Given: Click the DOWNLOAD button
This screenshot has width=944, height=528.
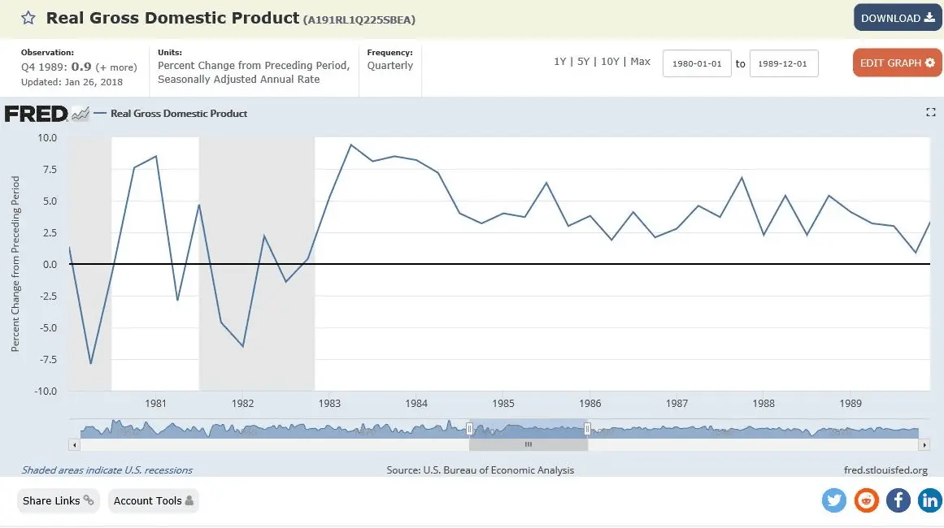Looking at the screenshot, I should click(897, 18).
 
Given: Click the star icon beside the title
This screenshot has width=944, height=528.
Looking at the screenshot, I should click(28, 18).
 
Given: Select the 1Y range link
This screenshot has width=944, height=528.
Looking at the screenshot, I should click(559, 62).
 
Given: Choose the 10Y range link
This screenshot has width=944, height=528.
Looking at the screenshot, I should click(610, 62).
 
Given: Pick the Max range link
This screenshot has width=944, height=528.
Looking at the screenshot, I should click(640, 62).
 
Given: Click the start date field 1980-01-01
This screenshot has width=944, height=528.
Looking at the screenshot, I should click(697, 63).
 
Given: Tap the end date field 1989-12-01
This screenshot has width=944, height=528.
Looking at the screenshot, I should click(784, 63).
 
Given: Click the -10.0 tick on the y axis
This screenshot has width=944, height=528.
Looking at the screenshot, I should click(46, 392).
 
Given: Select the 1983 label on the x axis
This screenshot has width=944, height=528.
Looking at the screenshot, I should click(329, 404).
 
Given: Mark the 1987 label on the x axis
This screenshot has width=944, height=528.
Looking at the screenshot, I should click(676, 404).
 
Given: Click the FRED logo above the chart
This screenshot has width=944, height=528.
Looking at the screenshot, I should click(36, 114).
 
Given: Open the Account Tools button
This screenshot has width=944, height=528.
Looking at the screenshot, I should click(153, 500).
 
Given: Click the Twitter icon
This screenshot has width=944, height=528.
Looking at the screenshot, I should click(834, 500).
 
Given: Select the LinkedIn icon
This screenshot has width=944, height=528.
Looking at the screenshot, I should click(929, 500).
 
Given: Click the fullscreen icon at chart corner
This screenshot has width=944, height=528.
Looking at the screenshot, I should click(931, 113).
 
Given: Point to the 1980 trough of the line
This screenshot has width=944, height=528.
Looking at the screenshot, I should click(90, 363).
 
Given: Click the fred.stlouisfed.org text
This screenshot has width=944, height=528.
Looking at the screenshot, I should click(886, 470).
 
